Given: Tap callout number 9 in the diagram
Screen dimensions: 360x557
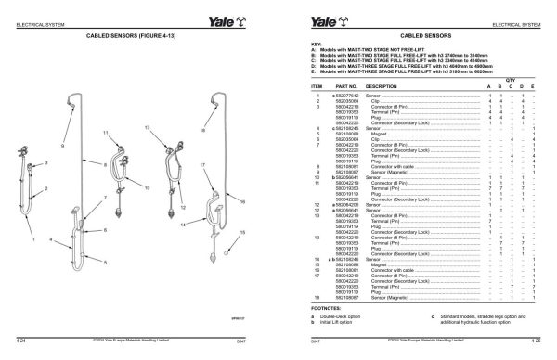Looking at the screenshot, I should (x=63, y=146).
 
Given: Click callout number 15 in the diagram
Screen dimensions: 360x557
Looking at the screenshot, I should (x=243, y=231).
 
